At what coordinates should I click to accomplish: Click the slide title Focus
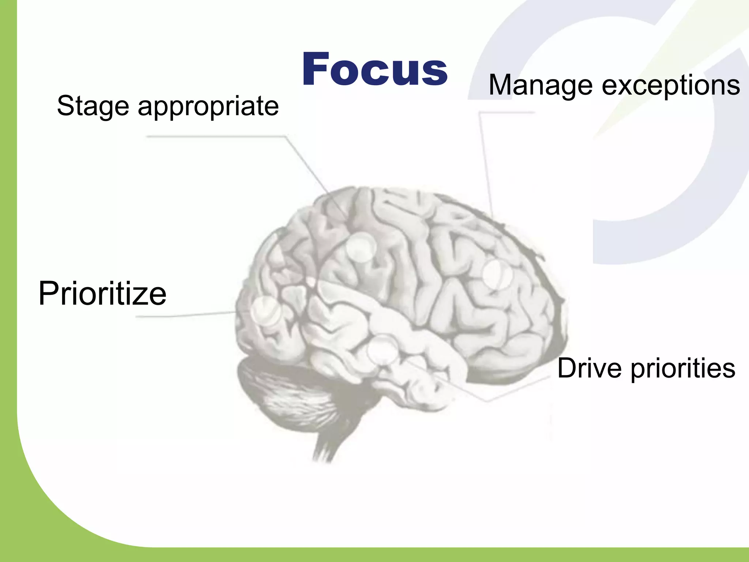click(374, 70)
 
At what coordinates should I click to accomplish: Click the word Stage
click(93, 106)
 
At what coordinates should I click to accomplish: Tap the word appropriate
click(208, 107)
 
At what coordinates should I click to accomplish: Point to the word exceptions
click(671, 86)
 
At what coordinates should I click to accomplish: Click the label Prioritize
click(102, 293)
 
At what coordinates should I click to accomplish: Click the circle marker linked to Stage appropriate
click(361, 248)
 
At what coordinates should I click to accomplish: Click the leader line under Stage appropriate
click(216, 136)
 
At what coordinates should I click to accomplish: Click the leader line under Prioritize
click(183, 315)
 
